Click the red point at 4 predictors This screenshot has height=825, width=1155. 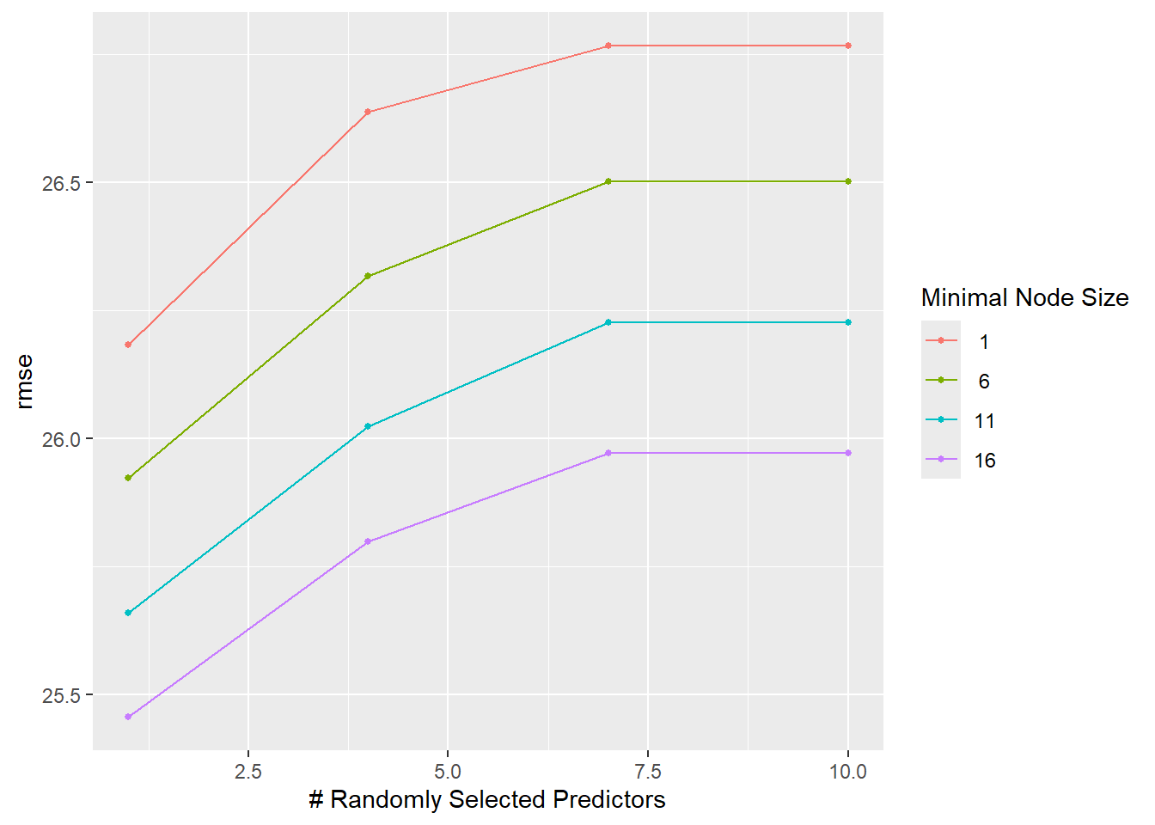(x=368, y=112)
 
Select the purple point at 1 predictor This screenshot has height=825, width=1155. (x=128, y=717)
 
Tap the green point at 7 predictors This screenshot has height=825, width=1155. (x=608, y=181)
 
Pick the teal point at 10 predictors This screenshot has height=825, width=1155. (x=848, y=322)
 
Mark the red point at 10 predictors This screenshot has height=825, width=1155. (x=848, y=46)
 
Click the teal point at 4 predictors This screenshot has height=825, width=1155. (x=368, y=426)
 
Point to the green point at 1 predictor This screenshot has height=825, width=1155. (x=128, y=478)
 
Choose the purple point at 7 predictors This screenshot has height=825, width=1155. (x=608, y=453)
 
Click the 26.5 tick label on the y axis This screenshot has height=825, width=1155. (x=60, y=183)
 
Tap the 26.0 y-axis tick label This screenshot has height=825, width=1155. (x=60, y=439)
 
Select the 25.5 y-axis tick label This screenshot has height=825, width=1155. (x=60, y=695)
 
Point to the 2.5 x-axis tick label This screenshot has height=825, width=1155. (x=248, y=772)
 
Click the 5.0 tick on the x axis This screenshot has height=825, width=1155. (x=448, y=772)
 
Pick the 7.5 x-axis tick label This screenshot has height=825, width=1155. (x=648, y=772)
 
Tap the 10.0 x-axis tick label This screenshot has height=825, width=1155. (x=848, y=772)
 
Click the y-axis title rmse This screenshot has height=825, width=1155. (x=24, y=381)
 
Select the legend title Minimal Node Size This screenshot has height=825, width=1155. (x=1024, y=297)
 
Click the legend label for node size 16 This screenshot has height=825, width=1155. (x=985, y=461)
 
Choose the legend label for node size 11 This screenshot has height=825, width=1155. (x=985, y=421)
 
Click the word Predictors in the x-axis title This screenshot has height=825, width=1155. (x=609, y=800)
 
